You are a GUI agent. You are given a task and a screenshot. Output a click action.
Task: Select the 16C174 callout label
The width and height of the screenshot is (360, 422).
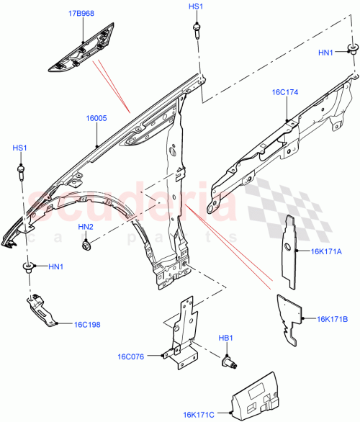[286, 93]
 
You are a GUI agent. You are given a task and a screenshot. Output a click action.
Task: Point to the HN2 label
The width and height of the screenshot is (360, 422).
[85, 228]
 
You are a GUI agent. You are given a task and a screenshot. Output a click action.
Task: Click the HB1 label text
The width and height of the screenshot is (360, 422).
[225, 337]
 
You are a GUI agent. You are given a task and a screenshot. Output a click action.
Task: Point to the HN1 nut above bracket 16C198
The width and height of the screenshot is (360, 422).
[29, 269]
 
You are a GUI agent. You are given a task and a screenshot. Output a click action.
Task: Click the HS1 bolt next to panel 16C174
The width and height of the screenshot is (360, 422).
[196, 30]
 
